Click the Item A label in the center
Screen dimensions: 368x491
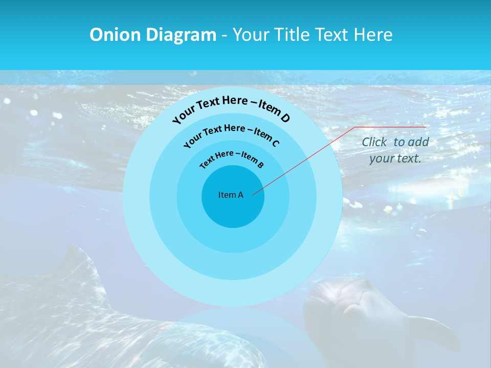tap(231, 195)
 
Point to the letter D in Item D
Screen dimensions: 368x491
tap(285, 118)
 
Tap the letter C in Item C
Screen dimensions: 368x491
tap(275, 143)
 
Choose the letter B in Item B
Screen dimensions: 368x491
tap(260, 165)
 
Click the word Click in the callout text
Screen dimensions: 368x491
tap(374, 142)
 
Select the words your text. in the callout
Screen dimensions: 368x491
tap(395, 158)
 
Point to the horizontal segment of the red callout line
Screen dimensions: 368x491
tap(391, 127)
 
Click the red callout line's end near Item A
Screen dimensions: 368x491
tap(253, 194)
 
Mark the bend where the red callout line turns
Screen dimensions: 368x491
tap(356, 127)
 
